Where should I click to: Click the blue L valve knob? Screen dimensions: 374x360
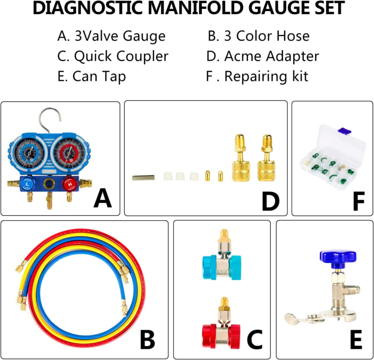click(x=27, y=184)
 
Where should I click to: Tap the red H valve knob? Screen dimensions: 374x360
click(x=70, y=184)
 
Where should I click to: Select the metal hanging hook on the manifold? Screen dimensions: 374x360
click(x=50, y=119)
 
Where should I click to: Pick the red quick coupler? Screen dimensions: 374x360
click(x=221, y=327)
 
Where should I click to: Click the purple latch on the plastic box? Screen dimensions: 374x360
click(x=345, y=130)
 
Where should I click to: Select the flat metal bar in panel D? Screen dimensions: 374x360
click(x=144, y=178)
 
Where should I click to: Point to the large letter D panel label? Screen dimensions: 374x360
click(x=271, y=202)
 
